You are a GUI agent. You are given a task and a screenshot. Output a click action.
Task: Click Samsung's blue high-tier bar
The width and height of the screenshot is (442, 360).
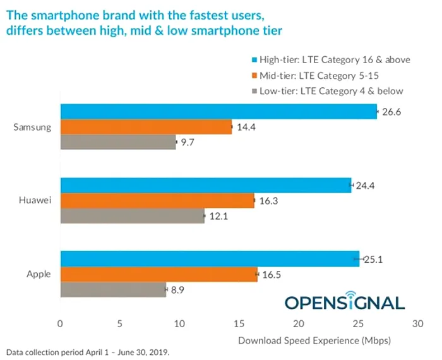tap(218, 112)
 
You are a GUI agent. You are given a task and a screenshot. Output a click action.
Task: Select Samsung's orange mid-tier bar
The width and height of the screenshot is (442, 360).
tap(146, 127)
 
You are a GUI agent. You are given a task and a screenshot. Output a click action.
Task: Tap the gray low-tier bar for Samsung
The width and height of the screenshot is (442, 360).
tap(118, 143)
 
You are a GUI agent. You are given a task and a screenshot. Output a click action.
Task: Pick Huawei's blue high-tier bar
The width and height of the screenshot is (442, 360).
tap(205, 185)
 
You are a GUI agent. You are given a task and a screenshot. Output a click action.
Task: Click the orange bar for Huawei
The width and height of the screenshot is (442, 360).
tap(157, 201)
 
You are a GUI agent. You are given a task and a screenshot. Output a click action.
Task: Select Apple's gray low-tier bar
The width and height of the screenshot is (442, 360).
tap(113, 290)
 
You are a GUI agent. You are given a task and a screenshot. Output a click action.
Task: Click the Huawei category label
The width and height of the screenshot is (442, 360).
tap(35, 201)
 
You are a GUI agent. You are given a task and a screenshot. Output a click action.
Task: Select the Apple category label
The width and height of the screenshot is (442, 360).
tap(39, 274)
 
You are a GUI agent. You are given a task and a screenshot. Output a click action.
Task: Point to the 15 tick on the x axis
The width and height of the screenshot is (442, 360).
tap(239, 324)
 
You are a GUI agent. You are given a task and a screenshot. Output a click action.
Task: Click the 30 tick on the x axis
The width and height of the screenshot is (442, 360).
tap(417, 324)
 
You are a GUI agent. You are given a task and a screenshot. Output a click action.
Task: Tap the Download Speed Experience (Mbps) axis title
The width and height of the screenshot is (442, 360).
tap(314, 340)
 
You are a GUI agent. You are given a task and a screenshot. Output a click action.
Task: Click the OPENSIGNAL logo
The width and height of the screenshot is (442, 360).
tap(345, 302)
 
